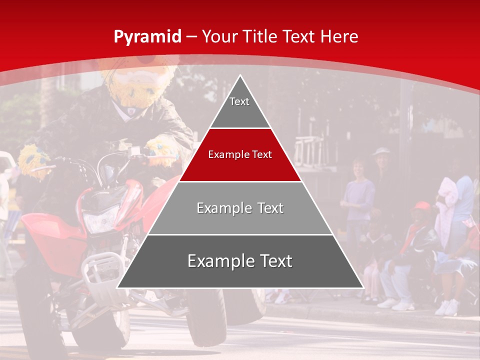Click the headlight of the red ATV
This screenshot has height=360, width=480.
click(100, 220)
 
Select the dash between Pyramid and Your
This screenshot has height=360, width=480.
click(192, 36)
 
